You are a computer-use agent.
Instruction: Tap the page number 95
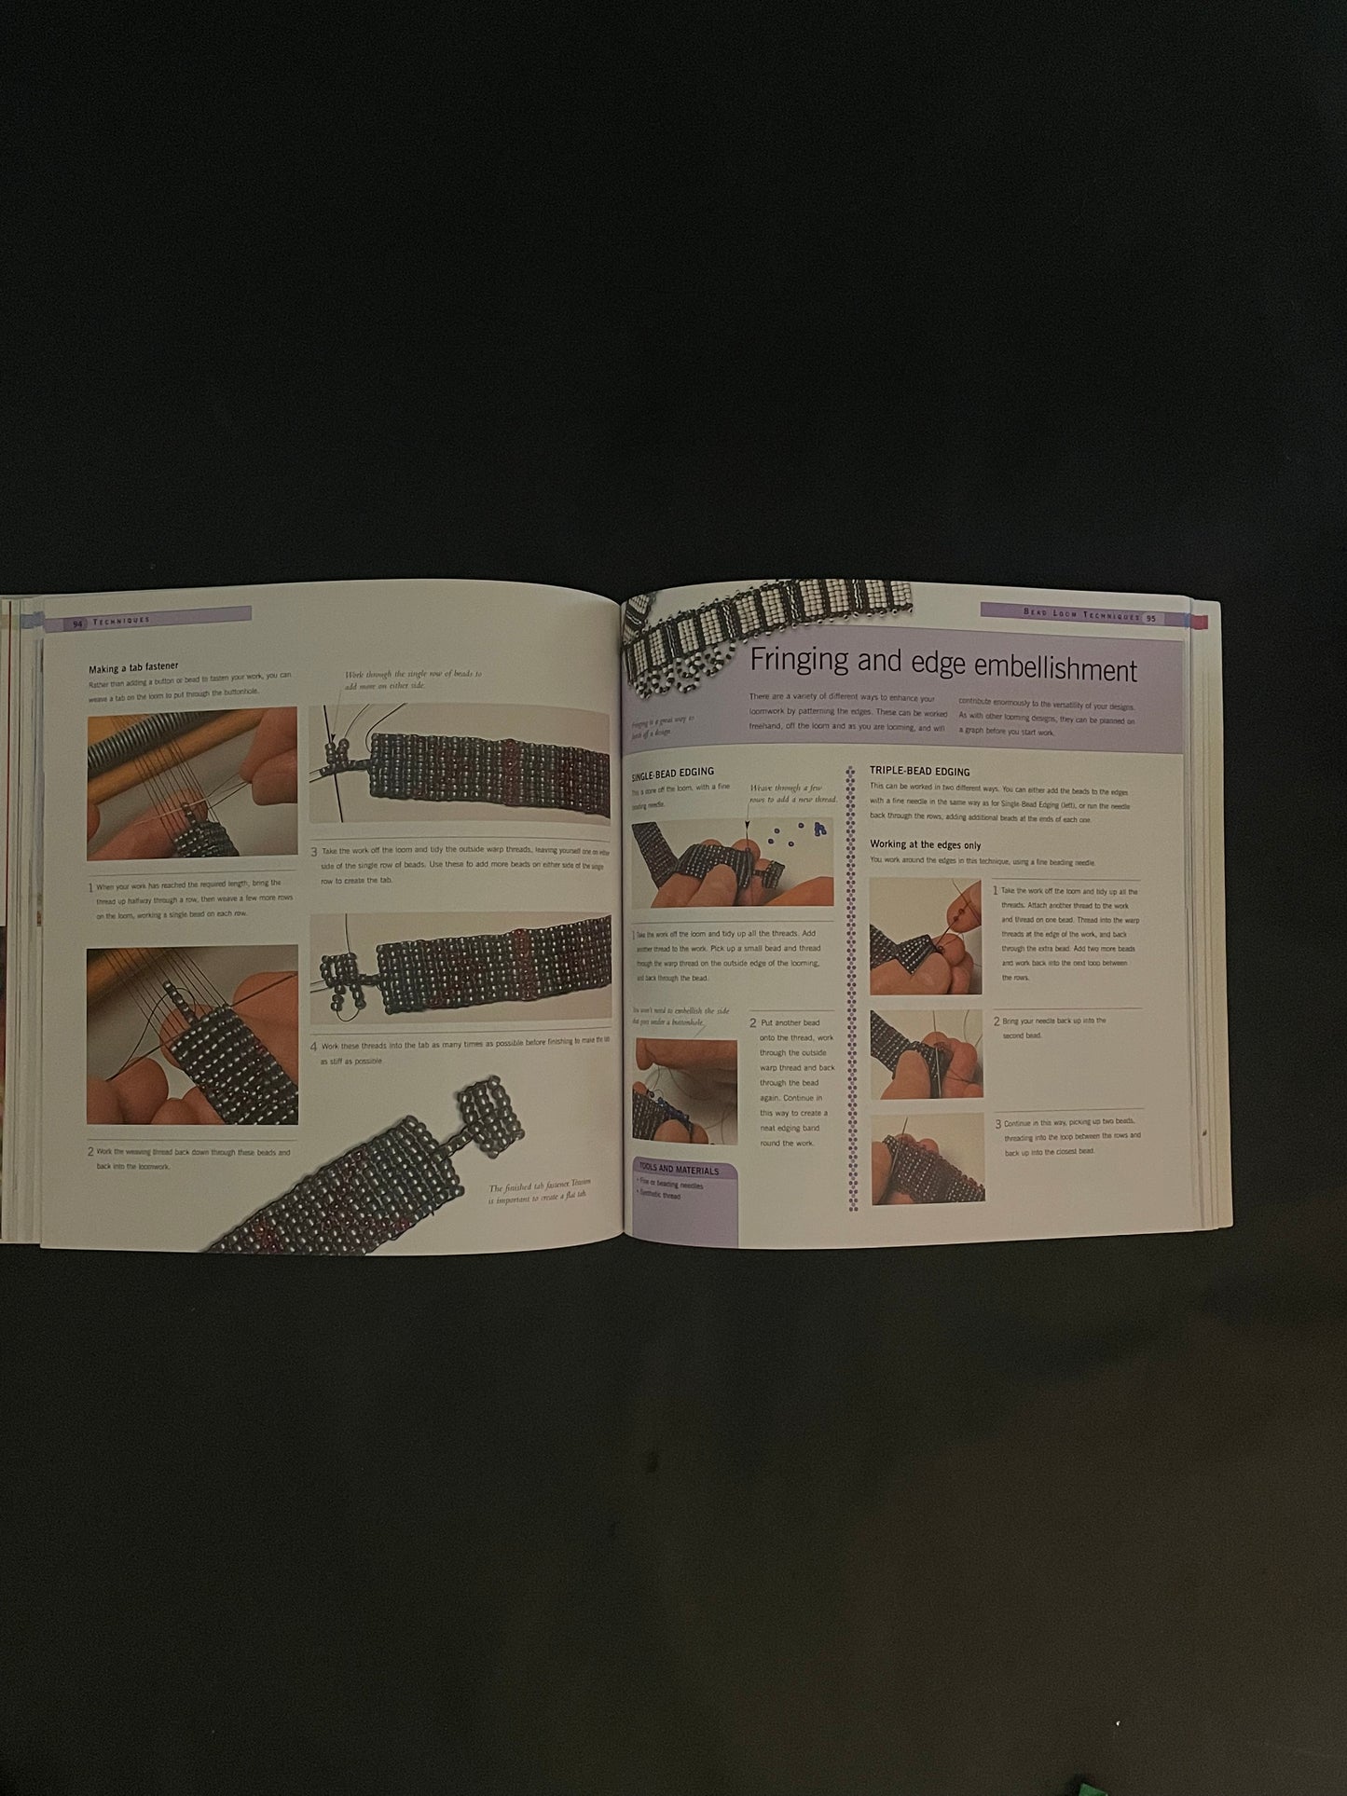(x=1151, y=618)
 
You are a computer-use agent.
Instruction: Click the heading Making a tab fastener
(x=133, y=668)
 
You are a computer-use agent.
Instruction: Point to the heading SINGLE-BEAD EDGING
(x=672, y=772)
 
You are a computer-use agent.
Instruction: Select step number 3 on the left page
(x=314, y=852)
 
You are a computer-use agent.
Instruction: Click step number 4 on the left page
(x=314, y=1046)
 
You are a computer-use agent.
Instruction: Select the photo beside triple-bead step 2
(x=926, y=1054)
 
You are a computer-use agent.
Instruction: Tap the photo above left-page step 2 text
(x=192, y=1035)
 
